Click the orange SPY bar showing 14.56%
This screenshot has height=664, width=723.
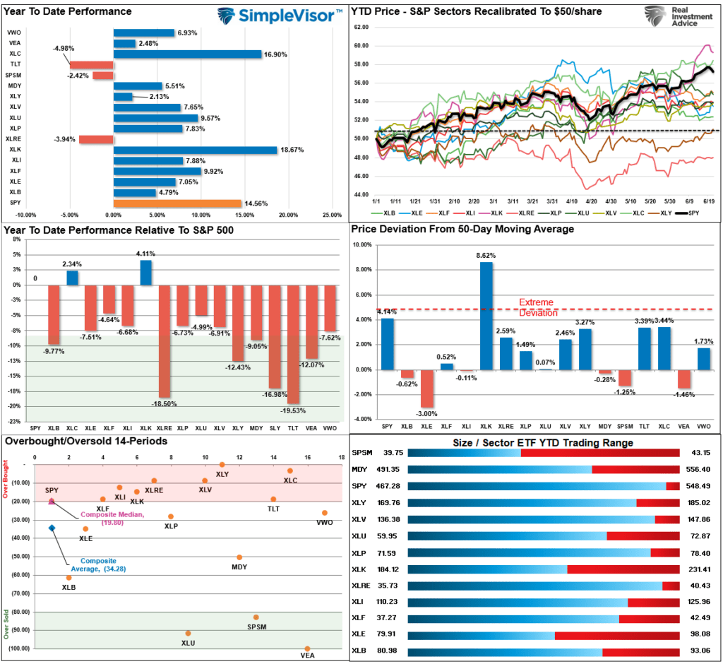point(177,203)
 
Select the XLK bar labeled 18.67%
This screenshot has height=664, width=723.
point(195,150)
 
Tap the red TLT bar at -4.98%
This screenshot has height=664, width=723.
point(91,65)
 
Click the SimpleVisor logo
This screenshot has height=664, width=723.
point(279,16)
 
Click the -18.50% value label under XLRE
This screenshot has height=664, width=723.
point(164,403)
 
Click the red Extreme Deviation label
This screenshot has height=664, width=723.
point(538,307)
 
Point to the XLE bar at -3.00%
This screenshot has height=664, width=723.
point(426,388)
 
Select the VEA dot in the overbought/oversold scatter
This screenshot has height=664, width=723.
point(307,648)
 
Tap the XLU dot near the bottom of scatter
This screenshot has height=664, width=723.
point(188,634)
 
